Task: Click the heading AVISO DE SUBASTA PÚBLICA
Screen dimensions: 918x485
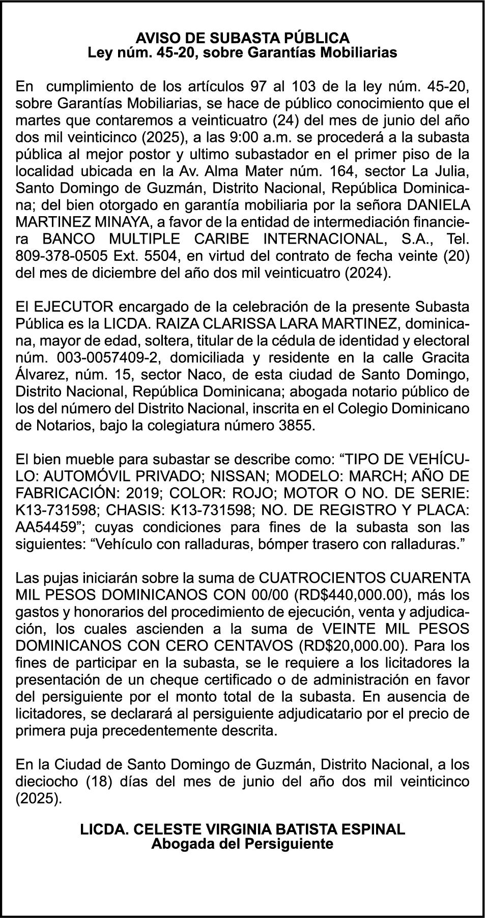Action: click(x=242, y=38)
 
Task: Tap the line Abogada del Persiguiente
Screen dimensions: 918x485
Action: click(x=242, y=844)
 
